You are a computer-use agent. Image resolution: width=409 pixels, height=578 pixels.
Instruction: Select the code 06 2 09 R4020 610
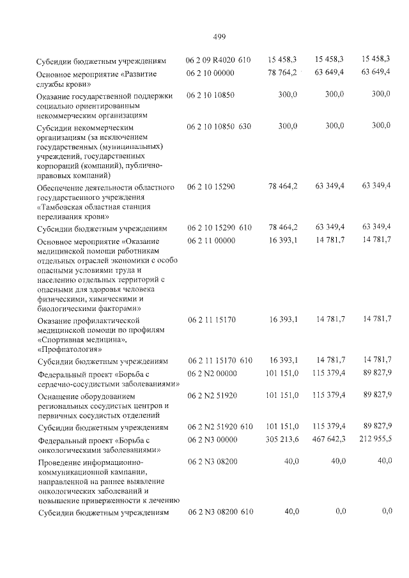218,60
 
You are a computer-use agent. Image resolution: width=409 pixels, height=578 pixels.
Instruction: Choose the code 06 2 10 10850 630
218,126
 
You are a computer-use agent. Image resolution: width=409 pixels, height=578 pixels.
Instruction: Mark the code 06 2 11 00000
210,241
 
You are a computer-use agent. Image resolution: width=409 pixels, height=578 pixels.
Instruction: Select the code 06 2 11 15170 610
218,360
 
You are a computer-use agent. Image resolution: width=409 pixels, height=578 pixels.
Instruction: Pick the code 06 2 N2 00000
211,373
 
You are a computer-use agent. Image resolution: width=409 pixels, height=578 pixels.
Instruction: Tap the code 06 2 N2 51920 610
218,426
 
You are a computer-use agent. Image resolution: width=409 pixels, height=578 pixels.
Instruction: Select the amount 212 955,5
373,439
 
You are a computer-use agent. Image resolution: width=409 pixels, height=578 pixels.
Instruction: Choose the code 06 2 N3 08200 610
218,512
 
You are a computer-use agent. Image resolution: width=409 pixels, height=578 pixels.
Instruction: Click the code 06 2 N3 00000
211,439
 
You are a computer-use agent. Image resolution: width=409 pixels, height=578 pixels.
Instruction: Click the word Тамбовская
64,207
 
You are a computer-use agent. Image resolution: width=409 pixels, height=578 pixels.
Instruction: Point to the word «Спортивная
63,340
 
